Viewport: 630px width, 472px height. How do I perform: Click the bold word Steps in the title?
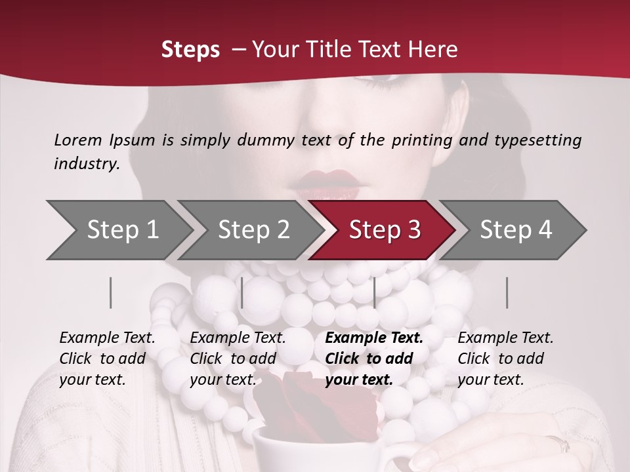click(x=190, y=50)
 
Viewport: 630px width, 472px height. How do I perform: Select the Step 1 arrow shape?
click(x=122, y=229)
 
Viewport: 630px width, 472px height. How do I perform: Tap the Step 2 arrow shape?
click(x=253, y=229)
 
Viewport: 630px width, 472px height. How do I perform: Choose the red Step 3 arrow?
click(x=384, y=229)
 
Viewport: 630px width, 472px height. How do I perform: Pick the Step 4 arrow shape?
click(x=515, y=229)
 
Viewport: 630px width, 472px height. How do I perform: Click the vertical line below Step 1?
click(x=111, y=292)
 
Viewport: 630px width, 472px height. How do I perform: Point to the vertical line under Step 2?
click(x=242, y=292)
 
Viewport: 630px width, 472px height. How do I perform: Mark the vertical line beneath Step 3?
click(x=375, y=292)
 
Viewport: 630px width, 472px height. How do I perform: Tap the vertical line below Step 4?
click(x=507, y=292)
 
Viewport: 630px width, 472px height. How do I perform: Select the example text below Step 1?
click(x=107, y=359)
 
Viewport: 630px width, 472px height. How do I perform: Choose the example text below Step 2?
click(x=238, y=359)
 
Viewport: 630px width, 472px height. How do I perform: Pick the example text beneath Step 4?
click(x=505, y=359)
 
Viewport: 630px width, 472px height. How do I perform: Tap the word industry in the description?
click(x=86, y=164)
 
